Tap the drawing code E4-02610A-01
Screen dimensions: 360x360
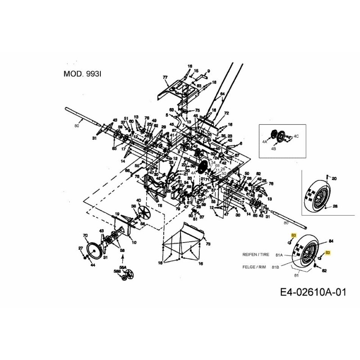(313, 292)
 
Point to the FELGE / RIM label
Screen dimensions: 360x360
(253, 267)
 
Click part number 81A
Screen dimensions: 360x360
(279, 255)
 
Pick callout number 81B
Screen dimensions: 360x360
(275, 267)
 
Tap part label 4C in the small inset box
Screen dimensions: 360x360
(296, 135)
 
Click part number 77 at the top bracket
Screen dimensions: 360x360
(165, 78)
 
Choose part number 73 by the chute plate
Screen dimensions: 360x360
(208, 244)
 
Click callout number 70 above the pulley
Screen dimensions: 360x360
(85, 235)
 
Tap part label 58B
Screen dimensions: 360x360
(117, 271)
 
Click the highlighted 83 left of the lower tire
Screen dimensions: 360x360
(293, 235)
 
